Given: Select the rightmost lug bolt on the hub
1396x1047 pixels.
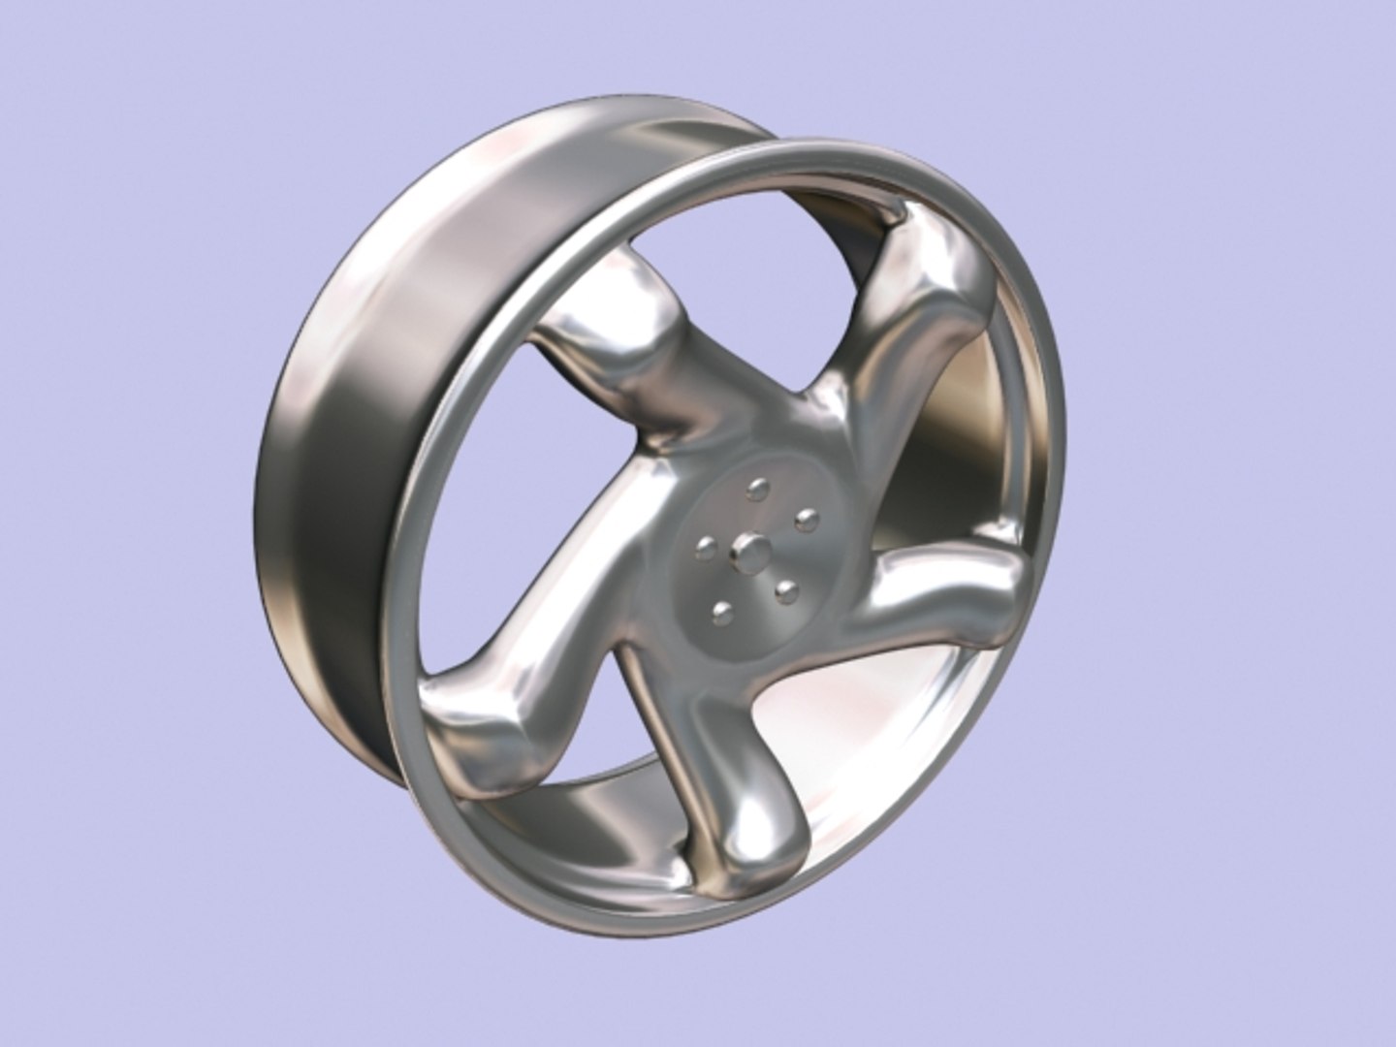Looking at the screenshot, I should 803,523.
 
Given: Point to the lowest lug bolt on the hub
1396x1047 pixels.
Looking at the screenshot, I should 721,611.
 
